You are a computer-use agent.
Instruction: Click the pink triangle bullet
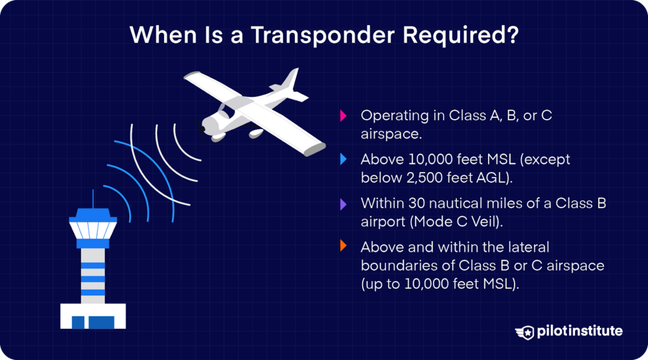(343, 116)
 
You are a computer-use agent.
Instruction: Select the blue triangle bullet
(343, 159)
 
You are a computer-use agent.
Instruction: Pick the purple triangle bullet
(343, 204)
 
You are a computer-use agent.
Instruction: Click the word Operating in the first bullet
(394, 116)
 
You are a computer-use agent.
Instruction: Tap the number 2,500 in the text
(421, 178)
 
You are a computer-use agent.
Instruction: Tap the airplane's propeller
(201, 131)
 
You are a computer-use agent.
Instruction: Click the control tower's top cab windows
(93, 227)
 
